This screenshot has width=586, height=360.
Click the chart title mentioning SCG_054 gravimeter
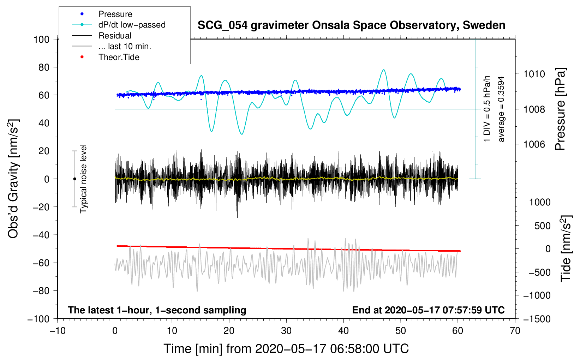(x=351, y=25)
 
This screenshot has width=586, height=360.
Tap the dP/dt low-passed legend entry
(x=132, y=25)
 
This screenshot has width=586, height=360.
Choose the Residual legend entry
(x=115, y=36)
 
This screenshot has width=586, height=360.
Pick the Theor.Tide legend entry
(x=119, y=57)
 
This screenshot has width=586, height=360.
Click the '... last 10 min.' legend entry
(x=125, y=46)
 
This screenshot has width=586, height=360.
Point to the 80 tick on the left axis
(x=44, y=67)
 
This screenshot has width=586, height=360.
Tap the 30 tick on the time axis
(x=286, y=331)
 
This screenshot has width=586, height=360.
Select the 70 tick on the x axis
(x=515, y=331)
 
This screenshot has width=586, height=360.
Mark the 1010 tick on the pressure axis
(x=534, y=74)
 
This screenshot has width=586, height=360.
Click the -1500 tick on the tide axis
(x=537, y=319)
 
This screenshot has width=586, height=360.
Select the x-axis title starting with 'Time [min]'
(x=286, y=349)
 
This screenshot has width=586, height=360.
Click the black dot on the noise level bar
(x=74, y=179)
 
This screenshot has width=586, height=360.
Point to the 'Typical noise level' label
(x=83, y=179)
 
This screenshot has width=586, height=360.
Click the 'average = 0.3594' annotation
(x=501, y=109)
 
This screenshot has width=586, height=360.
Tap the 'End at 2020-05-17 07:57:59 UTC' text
(x=428, y=310)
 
